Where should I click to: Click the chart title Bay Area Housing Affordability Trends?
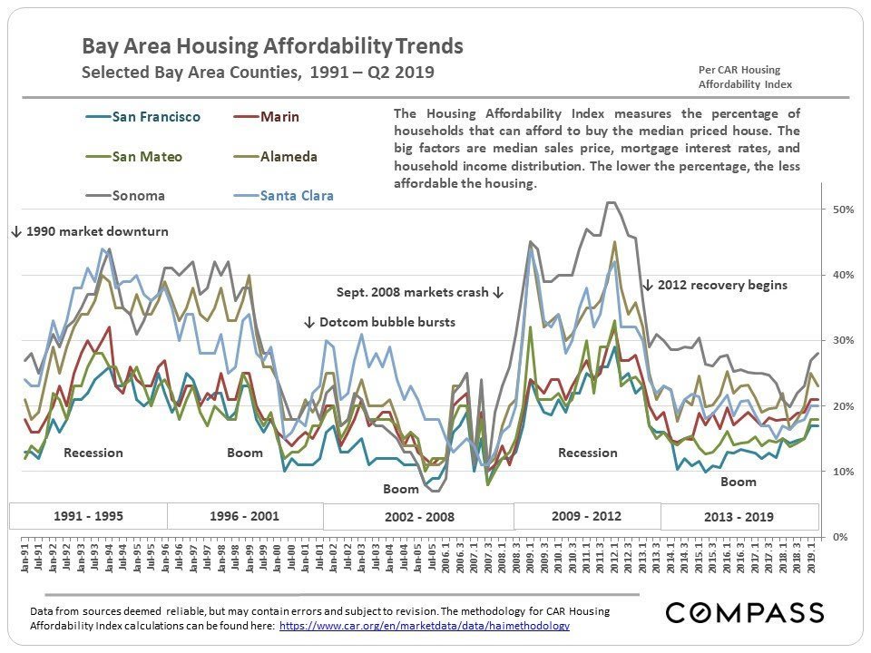(x=272, y=46)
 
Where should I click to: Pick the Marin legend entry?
(x=279, y=117)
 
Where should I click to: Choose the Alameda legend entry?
(x=289, y=157)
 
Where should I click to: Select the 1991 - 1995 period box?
(x=89, y=516)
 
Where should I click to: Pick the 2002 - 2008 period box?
(x=418, y=517)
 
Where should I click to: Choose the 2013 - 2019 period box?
(x=739, y=517)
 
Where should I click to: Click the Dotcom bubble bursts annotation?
(x=379, y=322)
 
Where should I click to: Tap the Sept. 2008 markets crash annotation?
(x=419, y=293)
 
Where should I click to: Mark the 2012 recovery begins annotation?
(x=715, y=285)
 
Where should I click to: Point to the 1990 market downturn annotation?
(x=91, y=231)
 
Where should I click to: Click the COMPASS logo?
(x=745, y=612)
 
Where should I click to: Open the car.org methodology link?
(x=425, y=626)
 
